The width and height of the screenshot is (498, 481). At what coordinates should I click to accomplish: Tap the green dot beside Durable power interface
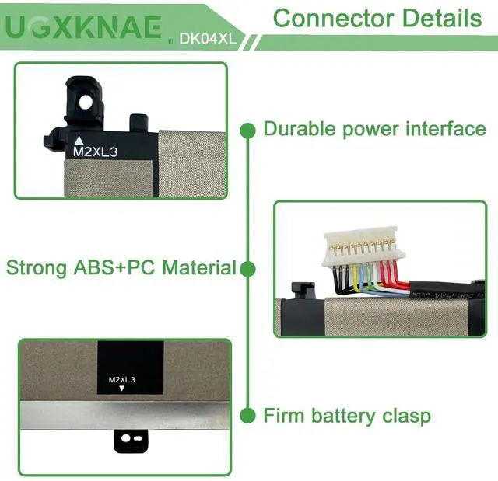(x=247, y=128)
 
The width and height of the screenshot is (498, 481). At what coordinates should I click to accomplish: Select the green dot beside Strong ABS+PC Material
(x=247, y=269)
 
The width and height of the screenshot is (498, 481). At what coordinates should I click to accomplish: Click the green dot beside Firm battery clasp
(x=247, y=416)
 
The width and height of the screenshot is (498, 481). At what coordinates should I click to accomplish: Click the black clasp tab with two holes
(x=131, y=440)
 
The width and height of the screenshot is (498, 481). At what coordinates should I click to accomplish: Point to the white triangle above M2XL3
(x=78, y=141)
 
